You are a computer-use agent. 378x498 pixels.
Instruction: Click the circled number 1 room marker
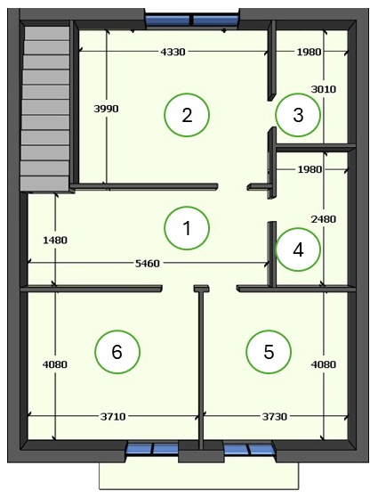[x=187, y=228]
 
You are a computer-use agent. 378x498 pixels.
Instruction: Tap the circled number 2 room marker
[x=187, y=115]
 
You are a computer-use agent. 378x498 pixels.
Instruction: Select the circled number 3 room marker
[x=298, y=115]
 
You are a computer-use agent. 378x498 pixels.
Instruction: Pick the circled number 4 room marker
[x=298, y=249]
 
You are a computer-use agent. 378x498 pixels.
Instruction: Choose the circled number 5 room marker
[x=269, y=352]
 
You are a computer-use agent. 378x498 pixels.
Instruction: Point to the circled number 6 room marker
[x=117, y=352]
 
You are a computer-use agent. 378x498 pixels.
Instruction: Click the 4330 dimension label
[x=173, y=52]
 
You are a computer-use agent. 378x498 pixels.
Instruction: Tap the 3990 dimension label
[x=106, y=109]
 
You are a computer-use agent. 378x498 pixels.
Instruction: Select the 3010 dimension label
[x=323, y=89]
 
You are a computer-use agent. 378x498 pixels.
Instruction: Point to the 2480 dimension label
[x=323, y=219]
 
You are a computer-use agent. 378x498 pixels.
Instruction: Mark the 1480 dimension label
[x=55, y=240]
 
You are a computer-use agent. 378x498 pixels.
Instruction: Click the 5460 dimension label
[x=147, y=264]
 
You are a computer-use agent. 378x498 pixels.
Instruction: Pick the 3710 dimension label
[x=113, y=416]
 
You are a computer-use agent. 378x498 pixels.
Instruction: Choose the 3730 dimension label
[x=275, y=416]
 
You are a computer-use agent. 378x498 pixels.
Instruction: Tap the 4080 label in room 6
[x=55, y=364]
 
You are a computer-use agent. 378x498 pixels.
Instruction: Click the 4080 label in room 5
[x=324, y=364]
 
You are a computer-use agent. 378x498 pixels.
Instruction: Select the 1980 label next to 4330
[x=309, y=52]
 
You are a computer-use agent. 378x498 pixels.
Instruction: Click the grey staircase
[x=45, y=109]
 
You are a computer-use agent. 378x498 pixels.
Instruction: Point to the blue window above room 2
[x=191, y=20]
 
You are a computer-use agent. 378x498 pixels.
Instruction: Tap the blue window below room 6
[x=152, y=449]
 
